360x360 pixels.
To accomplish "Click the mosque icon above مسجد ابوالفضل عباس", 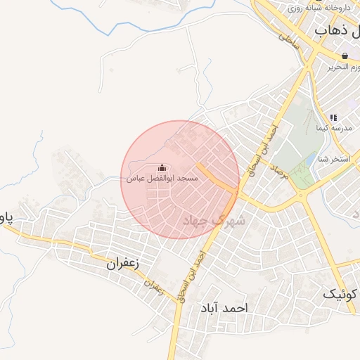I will click(x=163, y=168).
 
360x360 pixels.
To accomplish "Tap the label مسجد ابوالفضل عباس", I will click(x=162, y=179).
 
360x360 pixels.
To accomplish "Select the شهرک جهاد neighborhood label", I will click(x=214, y=220).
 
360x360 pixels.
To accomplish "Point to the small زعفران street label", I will click(x=156, y=287).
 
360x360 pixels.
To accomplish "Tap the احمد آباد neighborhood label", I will click(x=224, y=308).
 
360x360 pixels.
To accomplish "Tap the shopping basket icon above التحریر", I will click(x=345, y=56).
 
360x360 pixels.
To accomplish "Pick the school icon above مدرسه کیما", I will click(x=333, y=117).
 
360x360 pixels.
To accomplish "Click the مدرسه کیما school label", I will click(x=331, y=128).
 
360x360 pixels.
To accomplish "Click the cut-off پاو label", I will click(x=6, y=217).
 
